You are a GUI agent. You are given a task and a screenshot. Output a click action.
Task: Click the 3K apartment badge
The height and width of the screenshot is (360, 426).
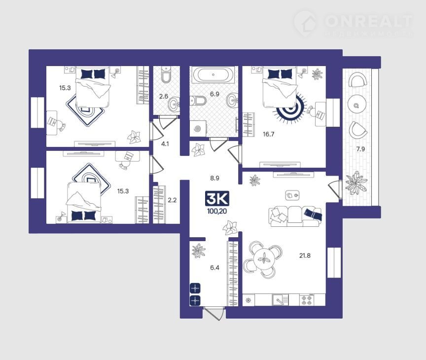tap(217, 199)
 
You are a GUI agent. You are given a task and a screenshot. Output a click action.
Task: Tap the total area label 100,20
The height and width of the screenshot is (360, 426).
tap(217, 211)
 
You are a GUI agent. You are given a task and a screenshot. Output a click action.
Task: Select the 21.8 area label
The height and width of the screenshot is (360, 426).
tap(305, 255)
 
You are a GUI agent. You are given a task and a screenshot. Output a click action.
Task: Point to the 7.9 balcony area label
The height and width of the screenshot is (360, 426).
tap(360, 149)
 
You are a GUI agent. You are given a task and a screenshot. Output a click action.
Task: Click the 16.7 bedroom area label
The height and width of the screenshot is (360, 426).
tap(268, 134)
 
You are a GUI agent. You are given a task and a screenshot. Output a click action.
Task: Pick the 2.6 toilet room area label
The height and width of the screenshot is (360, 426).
tap(164, 96)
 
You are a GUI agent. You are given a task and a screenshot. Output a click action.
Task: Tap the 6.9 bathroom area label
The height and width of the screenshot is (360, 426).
tap(214, 94)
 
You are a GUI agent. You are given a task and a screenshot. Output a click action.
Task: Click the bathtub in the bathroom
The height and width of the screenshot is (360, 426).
tap(213, 74)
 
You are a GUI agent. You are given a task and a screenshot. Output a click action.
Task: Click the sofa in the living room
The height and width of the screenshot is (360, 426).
tap(295, 216)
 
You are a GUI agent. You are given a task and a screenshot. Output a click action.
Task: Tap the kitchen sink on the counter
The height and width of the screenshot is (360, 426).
tap(280, 300)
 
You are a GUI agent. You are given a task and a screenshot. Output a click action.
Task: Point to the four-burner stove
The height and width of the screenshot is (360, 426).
tap(307, 300)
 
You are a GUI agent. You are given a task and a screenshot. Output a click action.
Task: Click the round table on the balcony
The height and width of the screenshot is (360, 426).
tap(356, 105)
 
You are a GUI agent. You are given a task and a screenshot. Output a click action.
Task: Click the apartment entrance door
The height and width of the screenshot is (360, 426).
tap(214, 313)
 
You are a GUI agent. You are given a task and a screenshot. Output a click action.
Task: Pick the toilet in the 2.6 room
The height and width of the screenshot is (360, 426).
tap(166, 75)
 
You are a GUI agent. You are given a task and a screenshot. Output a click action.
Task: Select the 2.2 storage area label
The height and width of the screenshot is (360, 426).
tap(172, 200)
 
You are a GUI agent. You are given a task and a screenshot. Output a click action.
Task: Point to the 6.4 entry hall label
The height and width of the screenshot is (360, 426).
tap(214, 268)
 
